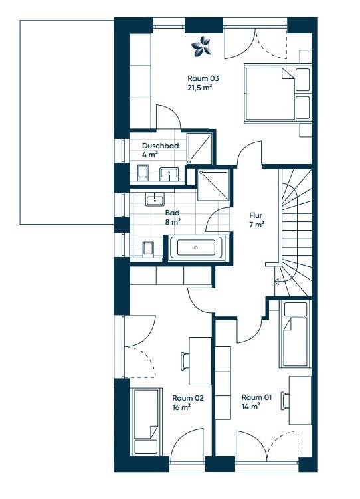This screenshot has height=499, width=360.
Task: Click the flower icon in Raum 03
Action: (x=201, y=47)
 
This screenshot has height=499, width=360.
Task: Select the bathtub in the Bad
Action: (x=196, y=247)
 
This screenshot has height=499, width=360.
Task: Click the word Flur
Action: (x=256, y=215)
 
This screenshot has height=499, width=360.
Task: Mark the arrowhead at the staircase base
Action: (x=276, y=282)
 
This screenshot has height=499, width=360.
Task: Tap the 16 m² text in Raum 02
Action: (x=181, y=407)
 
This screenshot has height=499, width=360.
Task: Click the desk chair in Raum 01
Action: (x=285, y=399)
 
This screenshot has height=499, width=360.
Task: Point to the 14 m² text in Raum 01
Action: (x=250, y=407)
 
